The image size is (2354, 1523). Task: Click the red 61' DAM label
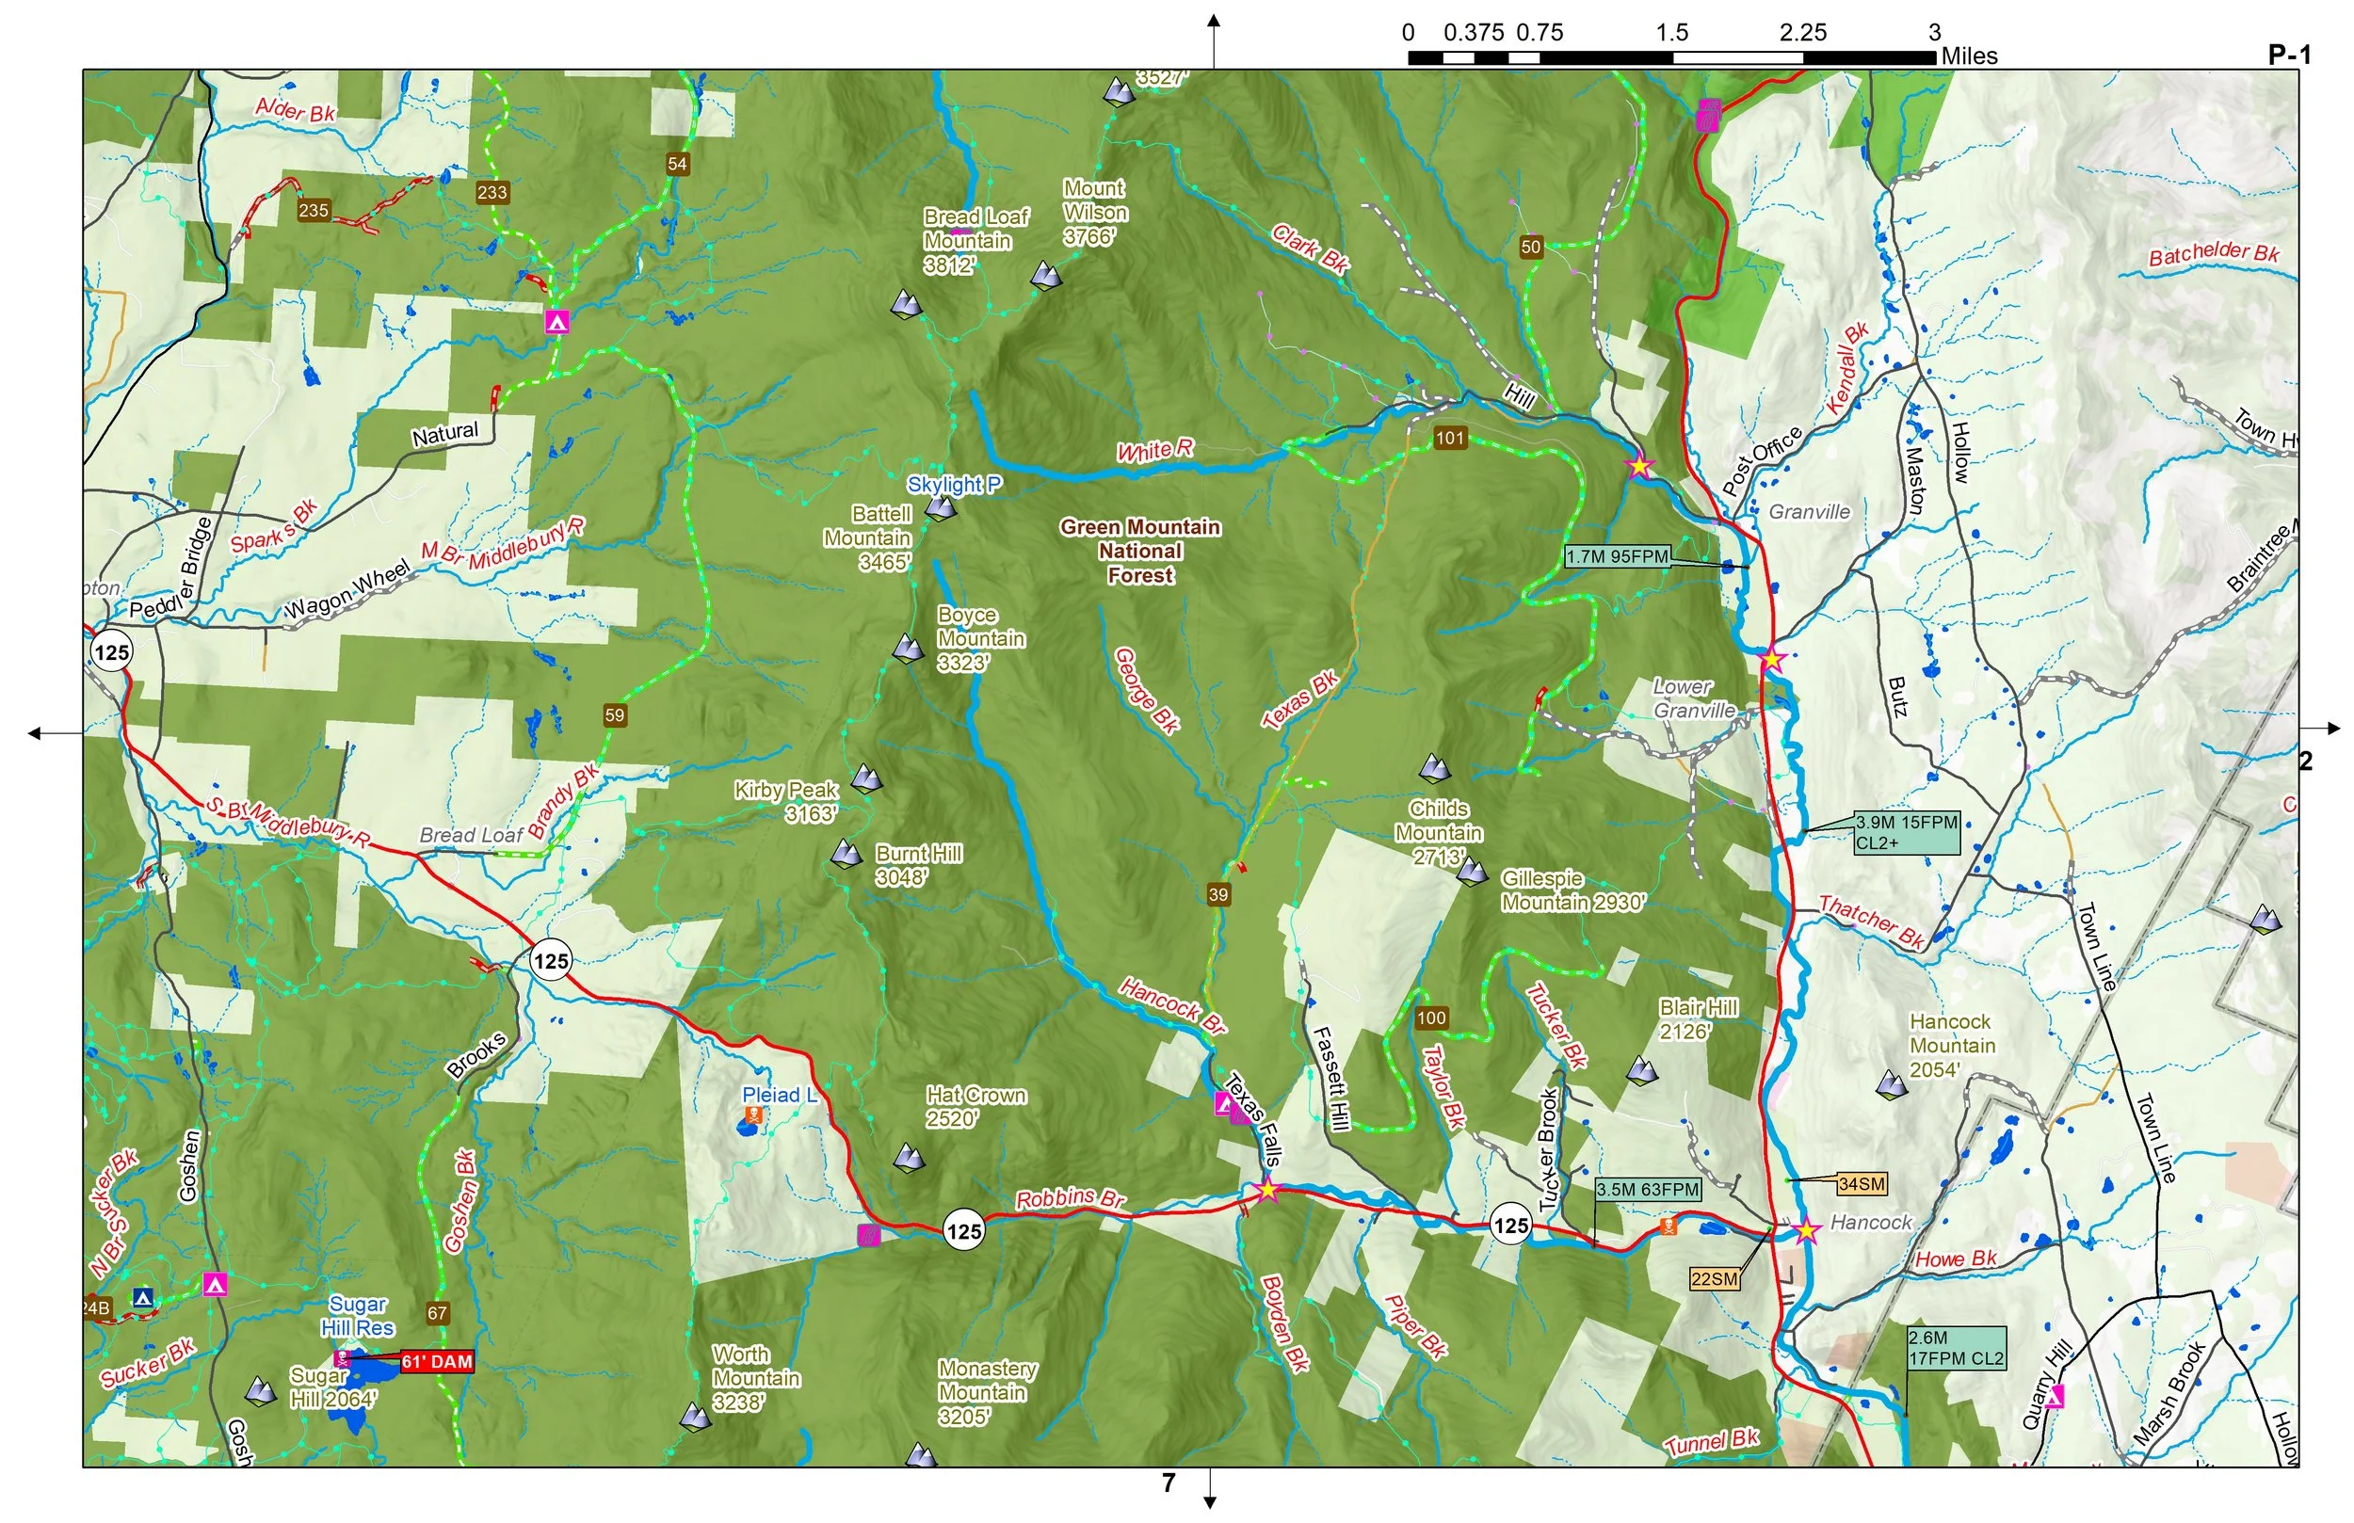(x=436, y=1362)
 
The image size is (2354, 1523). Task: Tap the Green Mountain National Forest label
(x=1140, y=551)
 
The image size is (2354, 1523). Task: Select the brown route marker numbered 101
(x=1449, y=438)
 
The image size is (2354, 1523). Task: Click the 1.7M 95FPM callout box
(x=1617, y=557)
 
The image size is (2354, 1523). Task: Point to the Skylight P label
(x=955, y=485)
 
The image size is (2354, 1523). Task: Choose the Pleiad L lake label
(x=780, y=1095)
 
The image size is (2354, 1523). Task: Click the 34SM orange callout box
(x=1862, y=1184)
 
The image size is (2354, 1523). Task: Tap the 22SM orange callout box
(x=1714, y=1278)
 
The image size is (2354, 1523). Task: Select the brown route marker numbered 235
(x=314, y=210)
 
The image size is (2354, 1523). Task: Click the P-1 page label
(x=2290, y=56)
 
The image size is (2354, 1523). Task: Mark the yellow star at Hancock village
(x=1806, y=1230)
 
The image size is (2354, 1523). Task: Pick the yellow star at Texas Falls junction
(x=1267, y=1190)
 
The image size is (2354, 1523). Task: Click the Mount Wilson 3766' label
(x=1095, y=213)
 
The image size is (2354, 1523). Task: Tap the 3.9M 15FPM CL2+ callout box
(x=1906, y=833)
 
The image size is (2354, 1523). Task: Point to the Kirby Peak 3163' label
(x=786, y=802)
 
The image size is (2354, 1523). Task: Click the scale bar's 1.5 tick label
(x=1671, y=33)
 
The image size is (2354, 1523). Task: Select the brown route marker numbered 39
(x=1218, y=894)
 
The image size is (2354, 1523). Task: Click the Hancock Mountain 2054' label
(x=1951, y=1046)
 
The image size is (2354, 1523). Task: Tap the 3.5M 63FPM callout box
(x=1648, y=1190)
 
